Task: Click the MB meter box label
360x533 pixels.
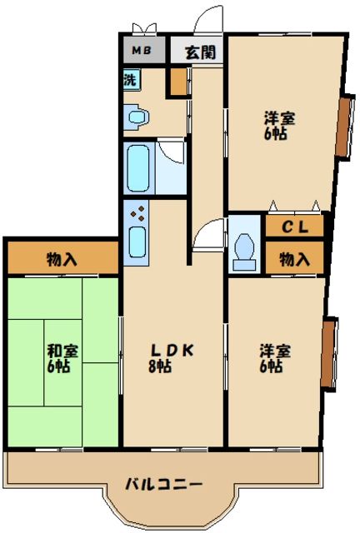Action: pyautogui.click(x=139, y=50)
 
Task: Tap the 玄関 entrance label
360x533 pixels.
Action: pyautogui.click(x=200, y=51)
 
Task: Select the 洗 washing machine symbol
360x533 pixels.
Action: pyautogui.click(x=131, y=81)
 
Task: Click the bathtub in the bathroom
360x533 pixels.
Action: pyautogui.click(x=139, y=167)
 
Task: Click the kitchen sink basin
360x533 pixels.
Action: pyautogui.click(x=137, y=242)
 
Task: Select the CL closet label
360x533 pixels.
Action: pyautogui.click(x=294, y=226)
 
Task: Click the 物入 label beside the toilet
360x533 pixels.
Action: pyautogui.click(x=294, y=259)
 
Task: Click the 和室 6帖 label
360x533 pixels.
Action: pyautogui.click(x=62, y=358)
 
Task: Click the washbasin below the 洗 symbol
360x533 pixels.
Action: pyautogui.click(x=137, y=118)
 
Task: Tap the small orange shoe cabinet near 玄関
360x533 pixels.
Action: pyautogui.click(x=177, y=81)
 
